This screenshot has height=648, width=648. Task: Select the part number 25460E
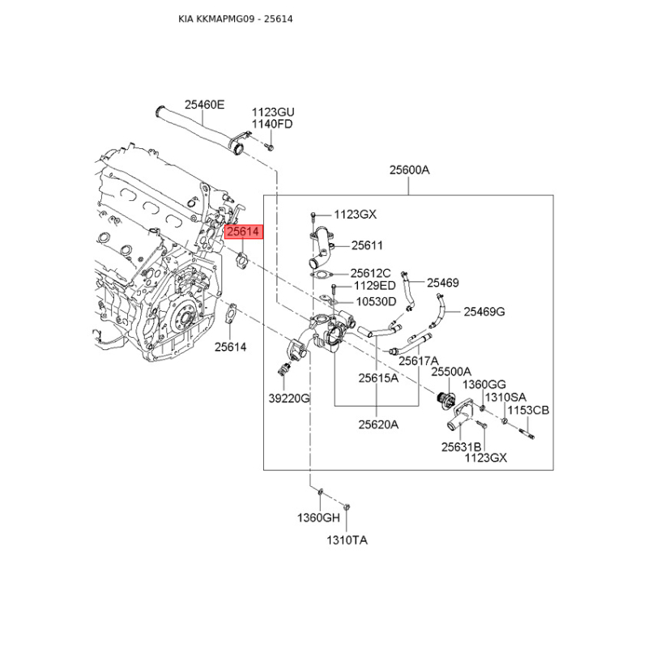204,104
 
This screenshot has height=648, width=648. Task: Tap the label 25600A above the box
409,170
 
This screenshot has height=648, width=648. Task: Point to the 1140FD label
272,124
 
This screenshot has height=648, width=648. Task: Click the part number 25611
367,245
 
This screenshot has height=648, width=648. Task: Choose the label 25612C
370,273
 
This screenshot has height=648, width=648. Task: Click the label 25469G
484,311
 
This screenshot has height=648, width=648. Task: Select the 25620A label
379,423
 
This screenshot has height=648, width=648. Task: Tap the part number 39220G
289,399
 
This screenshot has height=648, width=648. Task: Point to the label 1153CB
529,411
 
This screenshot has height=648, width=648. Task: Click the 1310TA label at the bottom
347,540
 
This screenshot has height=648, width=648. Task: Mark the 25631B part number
461,447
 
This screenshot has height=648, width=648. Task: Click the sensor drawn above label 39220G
283,371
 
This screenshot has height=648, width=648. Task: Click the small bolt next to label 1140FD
270,147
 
